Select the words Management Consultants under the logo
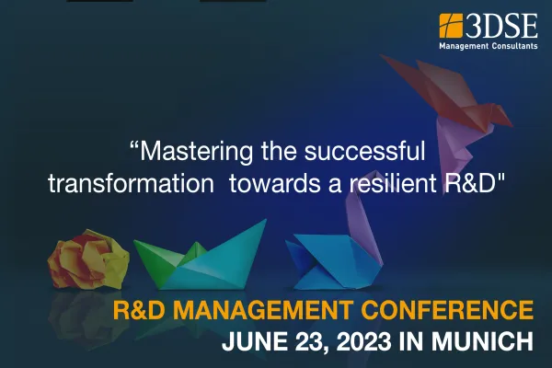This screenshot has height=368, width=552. click(x=489, y=43)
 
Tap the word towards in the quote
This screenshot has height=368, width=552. click(x=270, y=181)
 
